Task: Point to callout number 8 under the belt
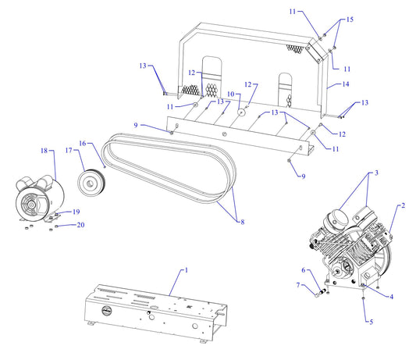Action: click(x=242, y=223)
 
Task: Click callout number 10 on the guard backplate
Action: click(x=229, y=94)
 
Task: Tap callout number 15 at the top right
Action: click(x=350, y=19)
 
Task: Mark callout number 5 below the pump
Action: click(x=372, y=321)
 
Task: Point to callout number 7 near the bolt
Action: click(x=297, y=285)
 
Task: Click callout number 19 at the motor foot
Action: click(x=76, y=212)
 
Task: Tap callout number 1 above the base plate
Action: click(x=186, y=269)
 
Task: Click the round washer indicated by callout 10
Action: click(x=241, y=112)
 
